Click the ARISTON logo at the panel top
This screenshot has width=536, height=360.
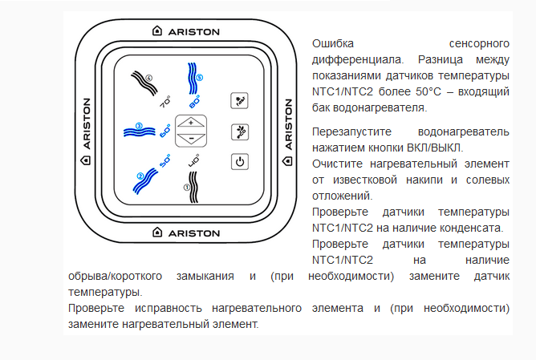click(186, 31)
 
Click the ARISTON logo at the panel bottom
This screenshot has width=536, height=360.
click(186, 233)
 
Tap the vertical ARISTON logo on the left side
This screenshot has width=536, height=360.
click(86, 131)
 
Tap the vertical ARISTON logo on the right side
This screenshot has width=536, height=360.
click(288, 132)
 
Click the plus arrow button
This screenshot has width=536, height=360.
click(191, 123)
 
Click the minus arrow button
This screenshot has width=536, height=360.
click(191, 139)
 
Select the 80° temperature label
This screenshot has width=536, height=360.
click(194, 102)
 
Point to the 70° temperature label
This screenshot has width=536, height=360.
click(165, 102)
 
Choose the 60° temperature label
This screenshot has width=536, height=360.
click(165, 131)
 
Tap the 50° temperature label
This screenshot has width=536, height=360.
click(165, 161)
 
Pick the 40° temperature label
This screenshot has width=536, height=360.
click(194, 161)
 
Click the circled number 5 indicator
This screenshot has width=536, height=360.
click(200, 78)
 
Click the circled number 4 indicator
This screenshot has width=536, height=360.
click(148, 78)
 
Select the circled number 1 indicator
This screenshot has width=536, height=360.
click(187, 187)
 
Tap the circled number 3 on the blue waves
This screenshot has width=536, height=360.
click(139, 126)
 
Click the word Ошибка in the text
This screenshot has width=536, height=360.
click(333, 44)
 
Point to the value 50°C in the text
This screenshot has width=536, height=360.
click(428, 91)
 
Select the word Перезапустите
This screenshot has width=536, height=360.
click(351, 131)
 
